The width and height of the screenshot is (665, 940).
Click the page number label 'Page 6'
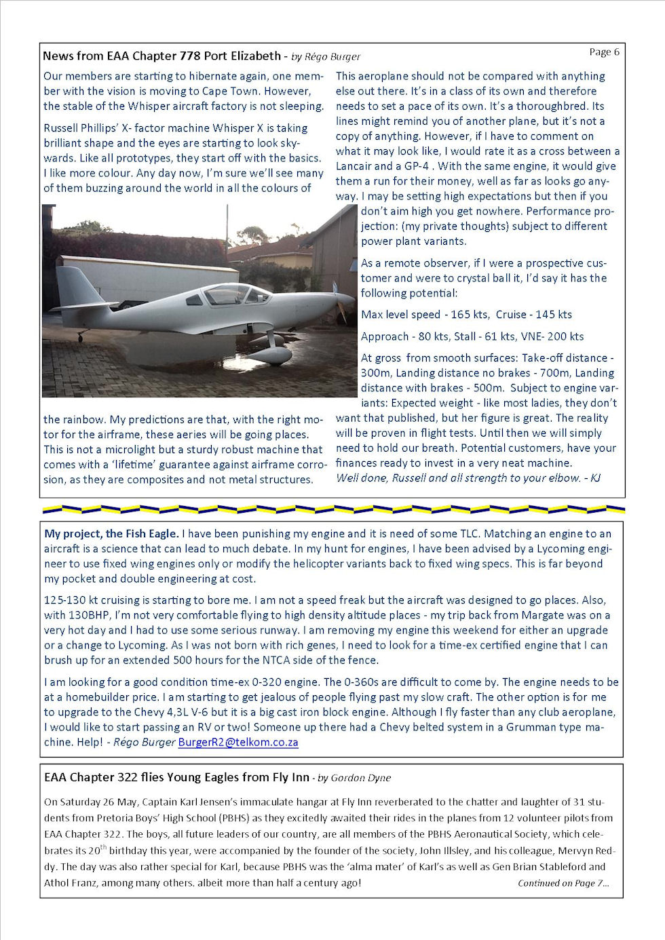(x=604, y=52)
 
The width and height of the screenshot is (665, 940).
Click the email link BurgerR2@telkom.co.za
(x=238, y=742)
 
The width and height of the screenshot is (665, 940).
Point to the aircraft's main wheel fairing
(x=269, y=353)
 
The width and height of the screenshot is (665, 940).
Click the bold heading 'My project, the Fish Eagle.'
(x=111, y=534)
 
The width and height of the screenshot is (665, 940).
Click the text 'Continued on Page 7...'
(x=563, y=883)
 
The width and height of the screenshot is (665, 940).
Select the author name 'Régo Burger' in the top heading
(x=332, y=57)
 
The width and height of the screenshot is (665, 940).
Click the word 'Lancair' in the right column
(x=354, y=166)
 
